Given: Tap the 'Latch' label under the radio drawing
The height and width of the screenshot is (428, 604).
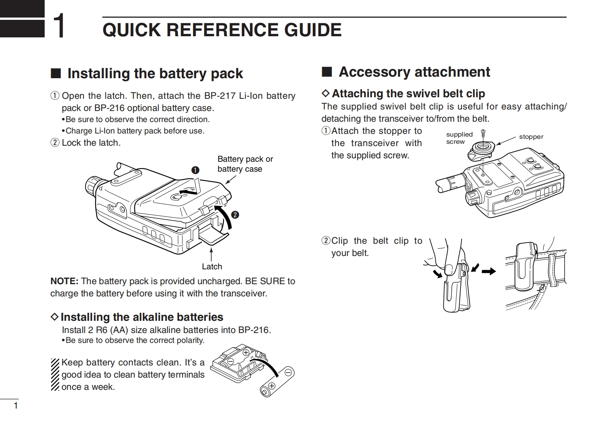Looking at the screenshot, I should pyautogui.click(x=212, y=267).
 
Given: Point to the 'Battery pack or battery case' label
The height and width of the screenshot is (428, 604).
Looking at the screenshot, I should pyautogui.click(x=245, y=164).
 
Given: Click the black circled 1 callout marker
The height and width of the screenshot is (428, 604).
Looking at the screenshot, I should pyautogui.click(x=195, y=170).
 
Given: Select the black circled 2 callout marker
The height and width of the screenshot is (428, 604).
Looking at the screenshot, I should pyautogui.click(x=235, y=215).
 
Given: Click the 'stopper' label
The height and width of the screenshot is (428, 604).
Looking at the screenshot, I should pyautogui.click(x=531, y=137).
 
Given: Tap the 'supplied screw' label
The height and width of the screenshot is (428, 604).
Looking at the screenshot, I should pyautogui.click(x=459, y=138).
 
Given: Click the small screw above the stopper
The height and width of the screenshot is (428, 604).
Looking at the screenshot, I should pyautogui.click(x=483, y=133).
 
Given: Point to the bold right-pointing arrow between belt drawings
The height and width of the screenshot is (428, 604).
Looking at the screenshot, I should pyautogui.click(x=489, y=271).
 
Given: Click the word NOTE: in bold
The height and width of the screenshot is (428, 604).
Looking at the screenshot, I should pyautogui.click(x=64, y=281).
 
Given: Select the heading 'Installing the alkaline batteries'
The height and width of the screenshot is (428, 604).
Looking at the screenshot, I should pyautogui.click(x=142, y=317).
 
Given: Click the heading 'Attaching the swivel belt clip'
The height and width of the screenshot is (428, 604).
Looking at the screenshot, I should pyautogui.click(x=408, y=93).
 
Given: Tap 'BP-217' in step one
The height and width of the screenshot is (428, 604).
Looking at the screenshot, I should pyautogui.click(x=220, y=96).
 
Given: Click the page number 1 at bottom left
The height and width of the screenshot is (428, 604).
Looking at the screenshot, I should pyautogui.click(x=16, y=405).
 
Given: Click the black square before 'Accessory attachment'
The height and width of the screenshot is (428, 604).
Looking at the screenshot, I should pyautogui.click(x=326, y=72).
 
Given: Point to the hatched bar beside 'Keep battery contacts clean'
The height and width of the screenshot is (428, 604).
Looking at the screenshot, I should pyautogui.click(x=55, y=374).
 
